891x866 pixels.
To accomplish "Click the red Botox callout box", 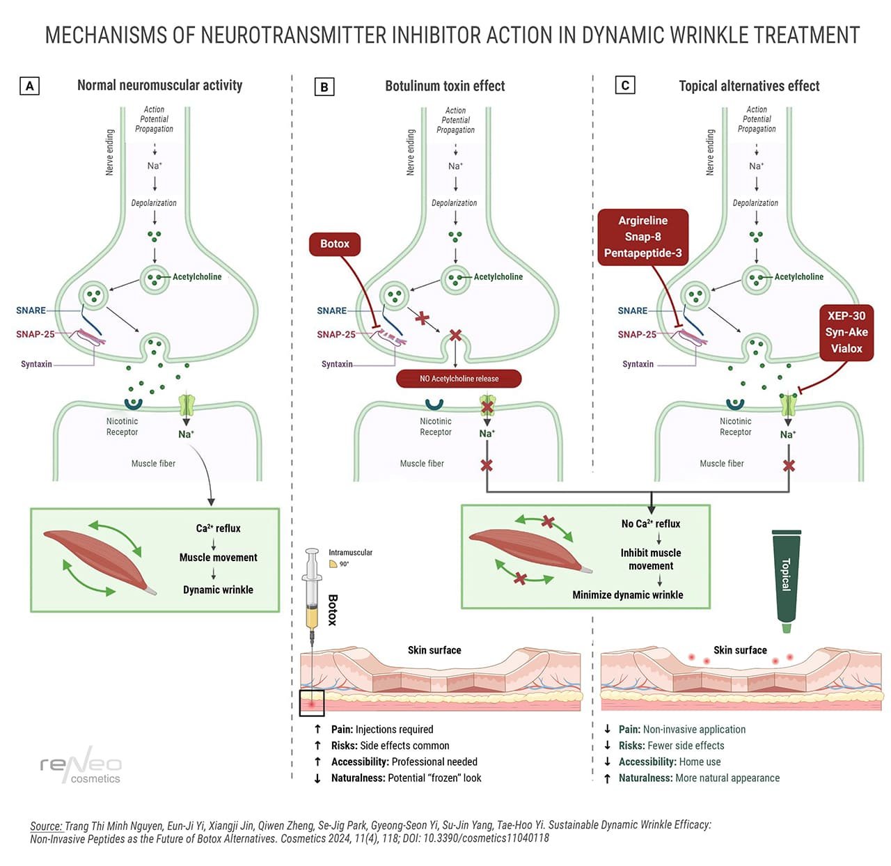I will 335,244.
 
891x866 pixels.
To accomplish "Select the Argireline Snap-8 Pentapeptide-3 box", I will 642,237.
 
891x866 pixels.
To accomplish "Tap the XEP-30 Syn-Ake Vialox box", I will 846,333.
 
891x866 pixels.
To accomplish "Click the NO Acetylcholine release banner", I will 459,379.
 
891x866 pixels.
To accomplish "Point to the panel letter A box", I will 29,86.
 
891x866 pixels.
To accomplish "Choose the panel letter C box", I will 624,86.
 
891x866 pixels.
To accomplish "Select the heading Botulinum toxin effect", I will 445,86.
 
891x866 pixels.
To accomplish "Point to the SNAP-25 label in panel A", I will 36,334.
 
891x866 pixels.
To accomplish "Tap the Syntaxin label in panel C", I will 638,364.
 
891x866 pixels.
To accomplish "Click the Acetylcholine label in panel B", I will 498,277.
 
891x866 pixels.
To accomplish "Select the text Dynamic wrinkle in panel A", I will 218,590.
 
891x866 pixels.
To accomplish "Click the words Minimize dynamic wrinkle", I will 627,595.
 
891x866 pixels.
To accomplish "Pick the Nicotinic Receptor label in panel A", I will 122,427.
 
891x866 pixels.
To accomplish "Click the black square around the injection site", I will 312,703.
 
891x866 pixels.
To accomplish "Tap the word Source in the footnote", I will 46,826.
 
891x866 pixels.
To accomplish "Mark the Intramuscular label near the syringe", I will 350,553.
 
